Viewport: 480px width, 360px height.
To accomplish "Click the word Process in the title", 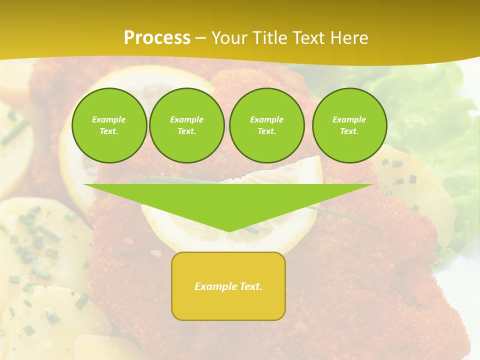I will pos(157,38).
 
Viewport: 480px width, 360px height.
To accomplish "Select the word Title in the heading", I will pos(270,38).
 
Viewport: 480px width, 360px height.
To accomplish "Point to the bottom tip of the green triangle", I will pos(229,230).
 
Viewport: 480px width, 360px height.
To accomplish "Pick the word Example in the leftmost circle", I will pos(109,119).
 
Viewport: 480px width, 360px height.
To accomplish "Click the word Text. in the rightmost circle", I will pos(349,131).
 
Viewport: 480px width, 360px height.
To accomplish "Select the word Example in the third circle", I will pos(266,119).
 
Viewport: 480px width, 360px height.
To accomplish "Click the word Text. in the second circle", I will pos(186,131).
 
